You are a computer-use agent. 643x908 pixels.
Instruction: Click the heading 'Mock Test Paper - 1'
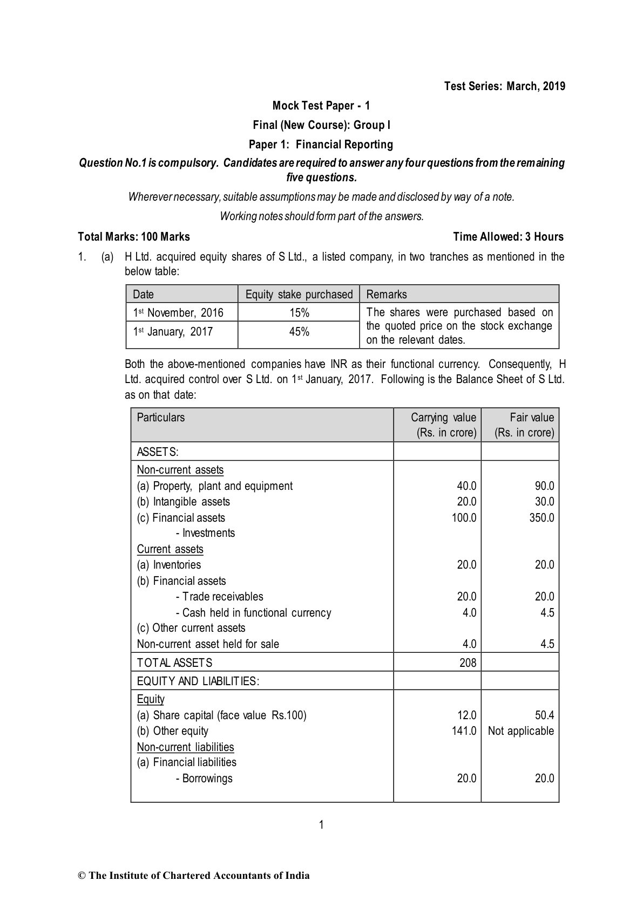321,105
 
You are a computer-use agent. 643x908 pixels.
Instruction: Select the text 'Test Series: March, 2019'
504,86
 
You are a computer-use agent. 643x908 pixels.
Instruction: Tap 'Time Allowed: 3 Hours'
508,236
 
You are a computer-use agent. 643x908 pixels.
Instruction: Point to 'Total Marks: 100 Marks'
134,236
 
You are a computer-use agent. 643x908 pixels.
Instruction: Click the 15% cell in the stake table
299,313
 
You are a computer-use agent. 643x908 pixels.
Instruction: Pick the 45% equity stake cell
299,332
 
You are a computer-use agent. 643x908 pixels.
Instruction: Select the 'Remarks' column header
387,294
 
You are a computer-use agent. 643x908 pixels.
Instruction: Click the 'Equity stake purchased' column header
299,294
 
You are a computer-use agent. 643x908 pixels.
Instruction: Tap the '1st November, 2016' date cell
178,313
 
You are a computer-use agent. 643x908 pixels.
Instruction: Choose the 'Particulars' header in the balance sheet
161,418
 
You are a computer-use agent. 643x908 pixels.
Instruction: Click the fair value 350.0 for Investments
542,518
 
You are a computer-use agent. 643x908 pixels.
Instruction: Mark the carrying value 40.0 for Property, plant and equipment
466,486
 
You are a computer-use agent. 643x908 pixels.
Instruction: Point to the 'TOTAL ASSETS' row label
174,663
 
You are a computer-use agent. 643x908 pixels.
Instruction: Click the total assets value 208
468,663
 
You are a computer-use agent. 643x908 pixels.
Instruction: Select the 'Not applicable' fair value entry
520,731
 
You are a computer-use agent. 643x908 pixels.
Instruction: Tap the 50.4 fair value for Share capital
544,715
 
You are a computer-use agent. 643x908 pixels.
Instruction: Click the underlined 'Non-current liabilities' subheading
185,747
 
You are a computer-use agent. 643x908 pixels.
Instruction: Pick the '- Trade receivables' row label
219,597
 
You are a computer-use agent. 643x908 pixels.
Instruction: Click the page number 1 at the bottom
321,824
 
